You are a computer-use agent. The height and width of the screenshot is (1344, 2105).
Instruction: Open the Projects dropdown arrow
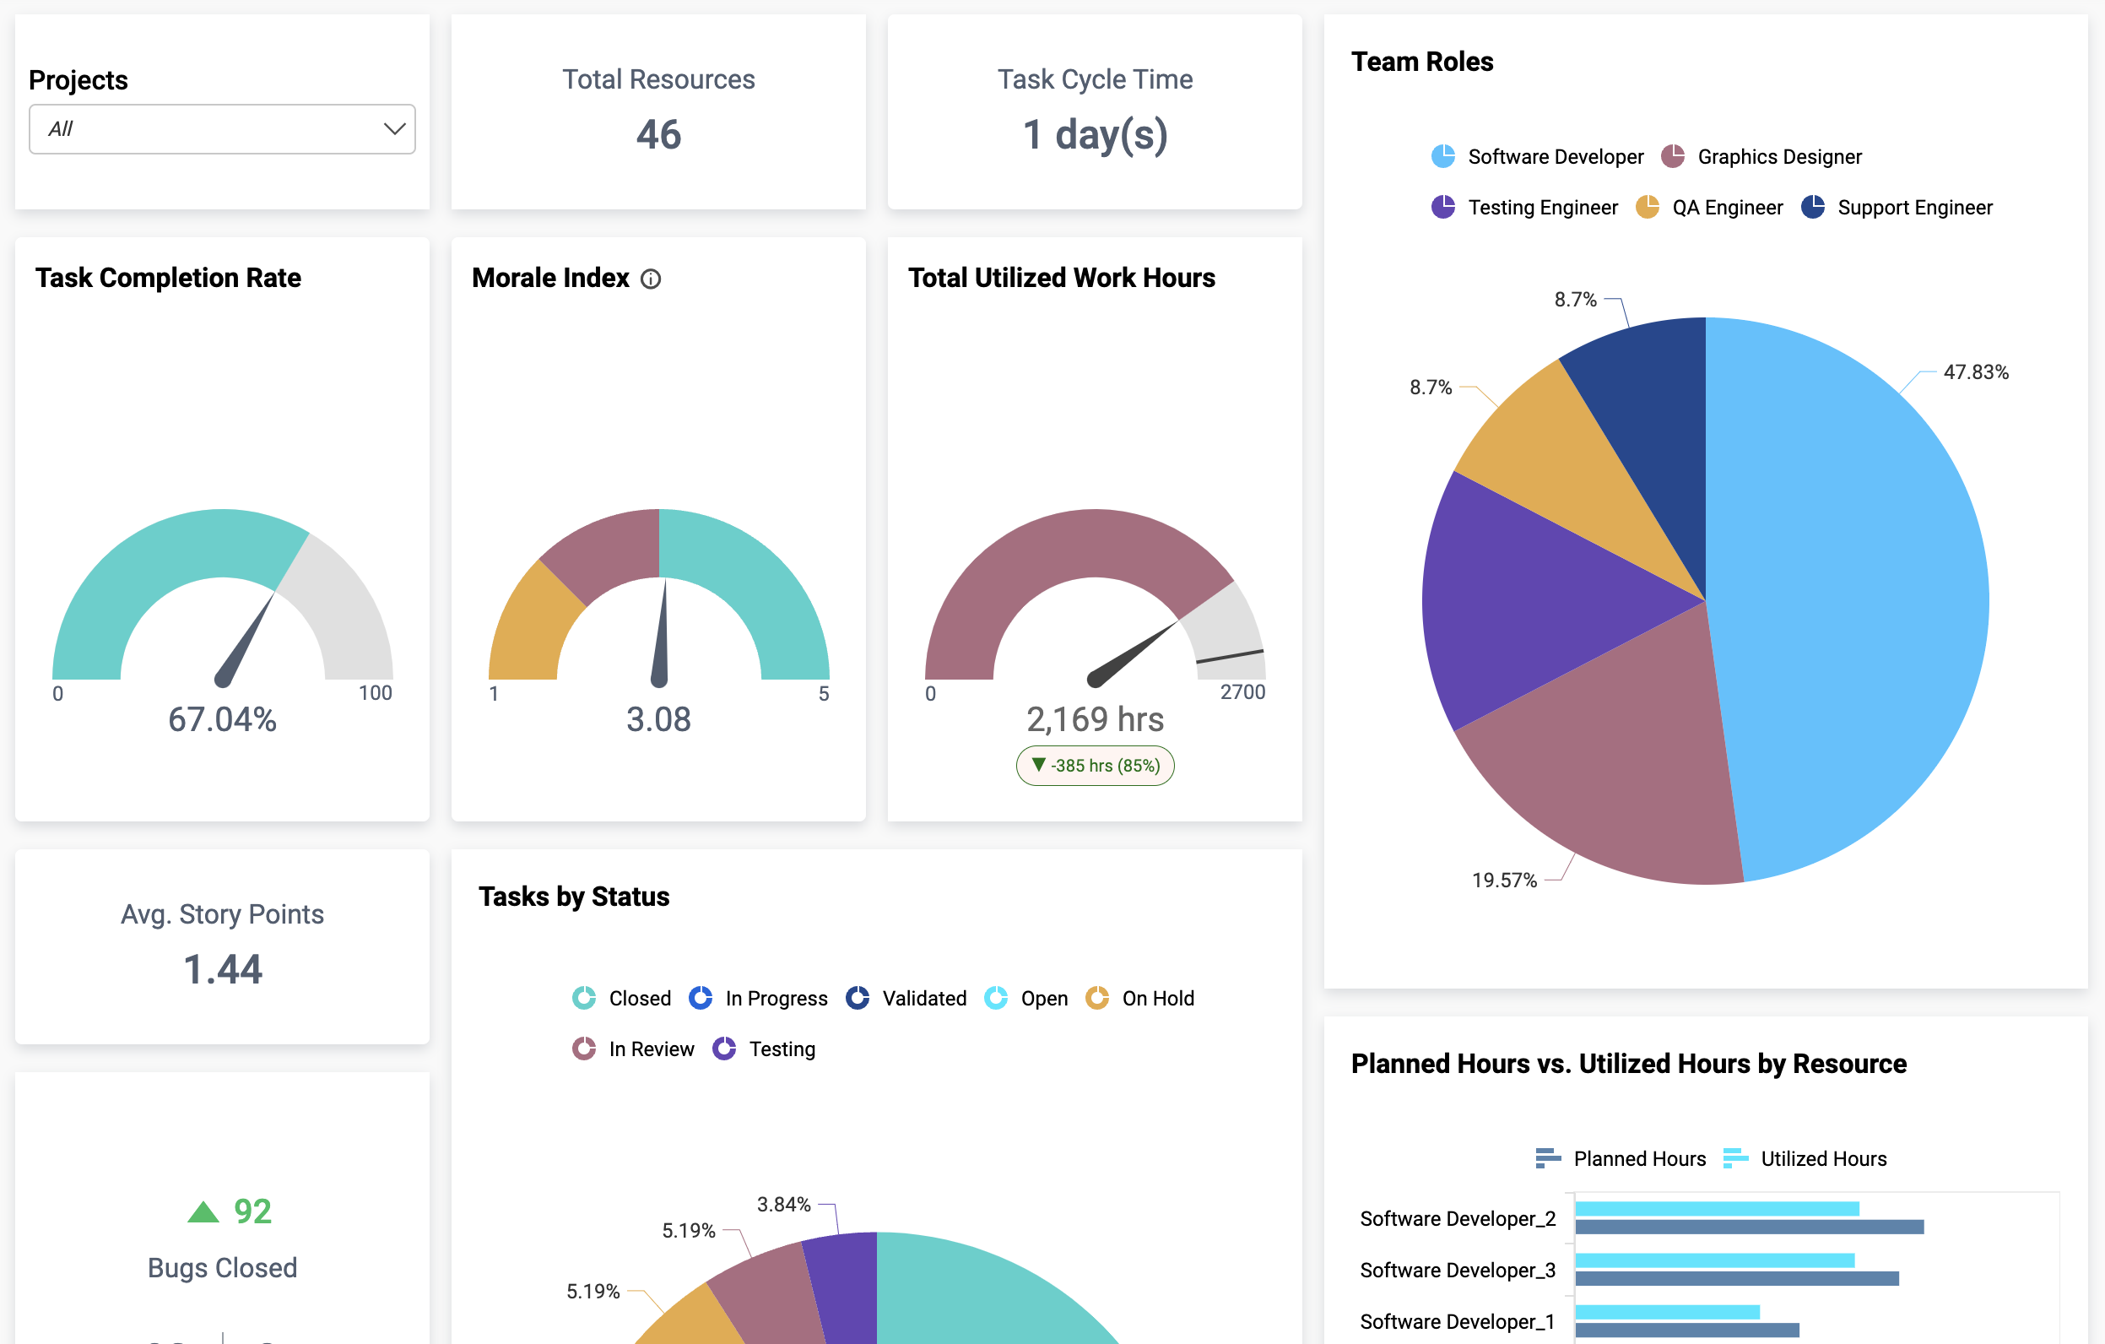394,129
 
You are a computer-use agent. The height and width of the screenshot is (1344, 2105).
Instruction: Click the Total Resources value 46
658,135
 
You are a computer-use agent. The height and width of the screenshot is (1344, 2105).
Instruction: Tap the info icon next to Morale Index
651,279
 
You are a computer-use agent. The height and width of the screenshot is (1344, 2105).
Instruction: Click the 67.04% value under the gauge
222,718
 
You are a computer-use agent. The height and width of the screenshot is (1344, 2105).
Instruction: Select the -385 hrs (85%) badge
1095,765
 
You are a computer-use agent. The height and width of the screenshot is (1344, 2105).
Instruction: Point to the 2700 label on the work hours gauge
1242,691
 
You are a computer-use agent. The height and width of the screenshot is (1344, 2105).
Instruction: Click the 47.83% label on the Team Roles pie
1975,371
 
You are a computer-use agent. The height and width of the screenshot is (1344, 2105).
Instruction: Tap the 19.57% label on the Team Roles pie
1503,880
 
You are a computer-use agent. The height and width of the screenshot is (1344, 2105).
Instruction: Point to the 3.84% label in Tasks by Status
783,1204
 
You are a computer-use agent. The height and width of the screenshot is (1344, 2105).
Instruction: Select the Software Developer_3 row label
1458,1270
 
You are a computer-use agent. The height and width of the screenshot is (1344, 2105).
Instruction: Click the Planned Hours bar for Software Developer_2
1748,1227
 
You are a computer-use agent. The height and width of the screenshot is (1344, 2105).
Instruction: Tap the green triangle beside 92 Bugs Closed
203,1212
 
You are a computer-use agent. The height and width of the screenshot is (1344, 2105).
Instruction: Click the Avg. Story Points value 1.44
222,969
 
